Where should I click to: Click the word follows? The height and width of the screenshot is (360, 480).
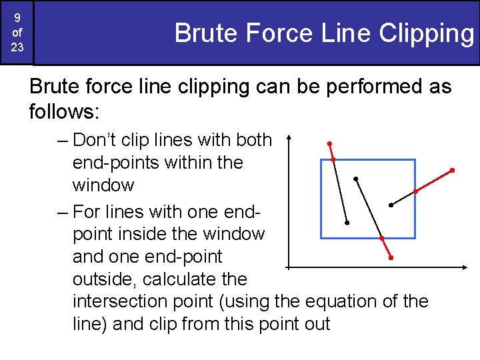pyautogui.click(x=63, y=111)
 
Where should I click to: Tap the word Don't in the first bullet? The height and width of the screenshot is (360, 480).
pyautogui.click(x=95, y=140)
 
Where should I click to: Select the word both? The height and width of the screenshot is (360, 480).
pyautogui.click(x=254, y=140)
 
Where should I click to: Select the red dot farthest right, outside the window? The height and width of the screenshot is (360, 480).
pyautogui.click(x=452, y=171)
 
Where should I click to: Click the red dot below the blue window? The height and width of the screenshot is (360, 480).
pyautogui.click(x=391, y=257)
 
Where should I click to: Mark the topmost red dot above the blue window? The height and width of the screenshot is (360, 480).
pyautogui.click(x=329, y=144)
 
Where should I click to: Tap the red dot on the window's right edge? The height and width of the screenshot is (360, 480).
pyautogui.click(x=415, y=191)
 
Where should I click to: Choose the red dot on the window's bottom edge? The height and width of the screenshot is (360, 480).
pyautogui.click(x=382, y=238)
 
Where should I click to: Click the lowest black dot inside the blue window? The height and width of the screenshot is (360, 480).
pyautogui.click(x=347, y=223)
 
